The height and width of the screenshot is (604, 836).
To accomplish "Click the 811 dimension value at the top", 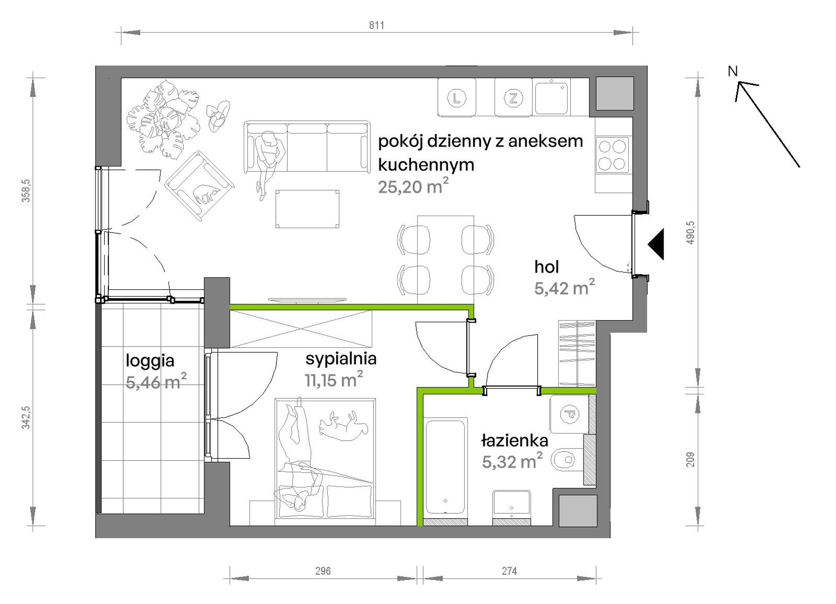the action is (377, 26).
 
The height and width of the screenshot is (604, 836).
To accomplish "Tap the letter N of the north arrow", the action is (733, 71).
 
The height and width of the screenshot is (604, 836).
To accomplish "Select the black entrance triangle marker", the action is (656, 244).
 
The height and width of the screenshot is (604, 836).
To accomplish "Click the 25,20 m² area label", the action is (413, 186).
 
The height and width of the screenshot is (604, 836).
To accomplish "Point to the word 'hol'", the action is (546, 267).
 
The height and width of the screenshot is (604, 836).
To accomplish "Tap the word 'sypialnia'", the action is (341, 359).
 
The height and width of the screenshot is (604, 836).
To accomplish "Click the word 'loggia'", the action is (150, 361).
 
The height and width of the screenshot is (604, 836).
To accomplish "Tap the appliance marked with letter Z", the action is (513, 98).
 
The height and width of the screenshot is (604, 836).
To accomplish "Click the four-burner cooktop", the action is (612, 155).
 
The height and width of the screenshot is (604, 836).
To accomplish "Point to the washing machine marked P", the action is (569, 414).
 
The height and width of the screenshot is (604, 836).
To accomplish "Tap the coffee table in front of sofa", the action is (307, 209).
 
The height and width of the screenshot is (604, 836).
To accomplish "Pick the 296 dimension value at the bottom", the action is (323, 571).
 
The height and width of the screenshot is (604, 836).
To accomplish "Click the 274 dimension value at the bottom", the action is (510, 571).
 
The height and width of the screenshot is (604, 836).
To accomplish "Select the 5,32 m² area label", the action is (512, 461).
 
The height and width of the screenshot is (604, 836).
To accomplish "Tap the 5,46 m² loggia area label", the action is (156, 381).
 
